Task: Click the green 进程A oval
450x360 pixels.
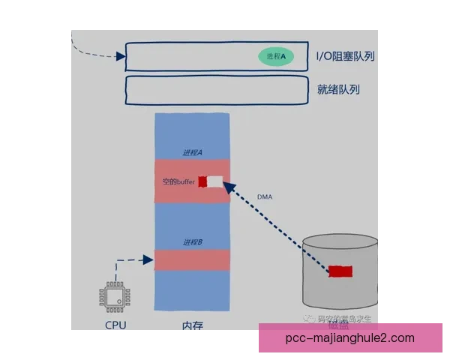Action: tap(276, 56)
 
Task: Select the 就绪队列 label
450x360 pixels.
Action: tap(338, 90)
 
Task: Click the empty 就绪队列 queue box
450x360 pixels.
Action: tap(217, 90)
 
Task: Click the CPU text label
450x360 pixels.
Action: tap(115, 325)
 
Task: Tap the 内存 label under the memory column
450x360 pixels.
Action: tap(192, 326)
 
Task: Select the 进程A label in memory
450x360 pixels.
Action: tap(193, 152)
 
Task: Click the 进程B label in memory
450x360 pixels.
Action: tap(193, 242)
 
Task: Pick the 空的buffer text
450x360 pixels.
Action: tap(178, 181)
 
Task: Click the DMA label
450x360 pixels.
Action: tap(265, 196)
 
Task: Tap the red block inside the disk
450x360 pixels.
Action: tap(340, 271)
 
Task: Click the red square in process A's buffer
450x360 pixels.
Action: tap(202, 181)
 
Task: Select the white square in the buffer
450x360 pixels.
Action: tap(215, 181)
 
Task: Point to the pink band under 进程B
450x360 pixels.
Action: tap(192, 259)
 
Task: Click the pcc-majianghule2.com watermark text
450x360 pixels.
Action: tap(350, 338)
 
